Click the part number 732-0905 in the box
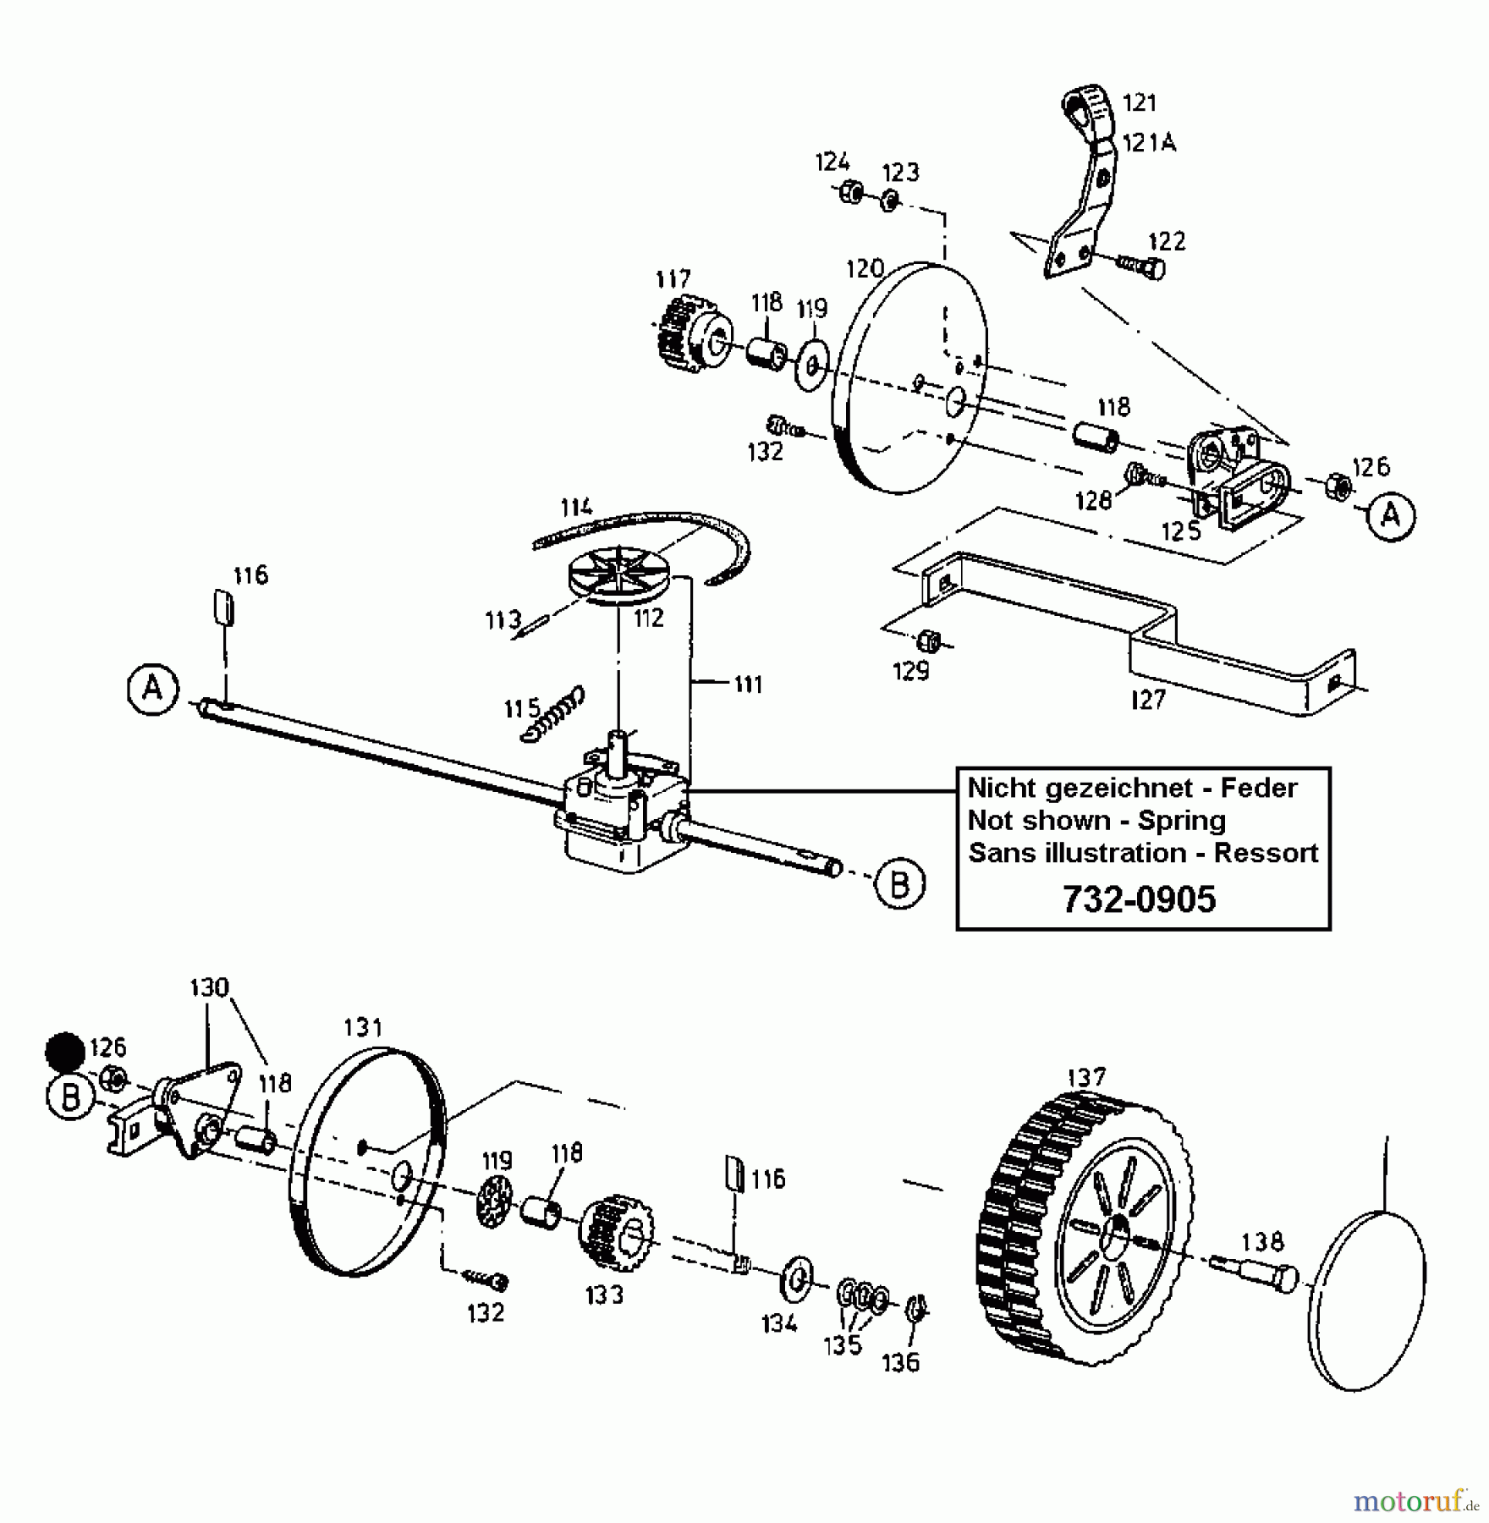coord(1139,899)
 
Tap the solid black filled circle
coord(65,1053)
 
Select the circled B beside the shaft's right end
coord(898,884)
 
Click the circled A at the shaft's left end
coord(153,690)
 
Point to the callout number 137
coord(1086,1077)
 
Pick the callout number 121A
coord(1149,143)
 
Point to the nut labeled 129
coord(929,641)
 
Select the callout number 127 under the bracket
coord(1147,699)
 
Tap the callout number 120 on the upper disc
coord(865,269)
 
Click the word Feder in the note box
coord(1258,788)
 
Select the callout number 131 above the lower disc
coord(363,1027)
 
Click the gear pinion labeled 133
coord(616,1232)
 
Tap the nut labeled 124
coord(850,193)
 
